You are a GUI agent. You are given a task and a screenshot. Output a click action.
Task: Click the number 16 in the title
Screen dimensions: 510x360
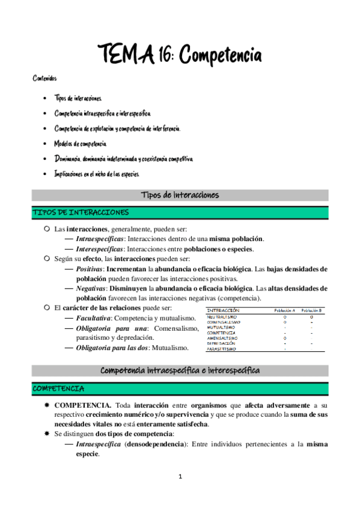[163, 56]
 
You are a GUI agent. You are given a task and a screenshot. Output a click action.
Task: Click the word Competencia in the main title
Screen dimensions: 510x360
[219, 56]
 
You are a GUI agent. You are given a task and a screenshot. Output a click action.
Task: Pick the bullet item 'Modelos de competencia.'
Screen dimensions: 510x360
[81, 144]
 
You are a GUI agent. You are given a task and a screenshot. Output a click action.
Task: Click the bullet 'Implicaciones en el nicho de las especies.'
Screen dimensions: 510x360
[97, 174]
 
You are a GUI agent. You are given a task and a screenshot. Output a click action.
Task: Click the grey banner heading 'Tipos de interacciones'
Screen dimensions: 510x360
[180, 195]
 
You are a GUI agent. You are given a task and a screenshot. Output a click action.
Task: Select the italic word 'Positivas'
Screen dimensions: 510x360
[90, 269]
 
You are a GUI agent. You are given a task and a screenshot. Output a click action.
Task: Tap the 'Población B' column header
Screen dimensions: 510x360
[311, 310]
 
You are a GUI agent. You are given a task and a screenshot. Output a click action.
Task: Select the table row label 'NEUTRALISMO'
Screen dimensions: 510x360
[222, 316]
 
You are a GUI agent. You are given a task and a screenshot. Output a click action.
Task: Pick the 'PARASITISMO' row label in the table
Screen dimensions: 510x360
[222, 349]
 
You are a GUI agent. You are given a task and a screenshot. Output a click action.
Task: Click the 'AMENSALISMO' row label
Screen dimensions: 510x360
[222, 338]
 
